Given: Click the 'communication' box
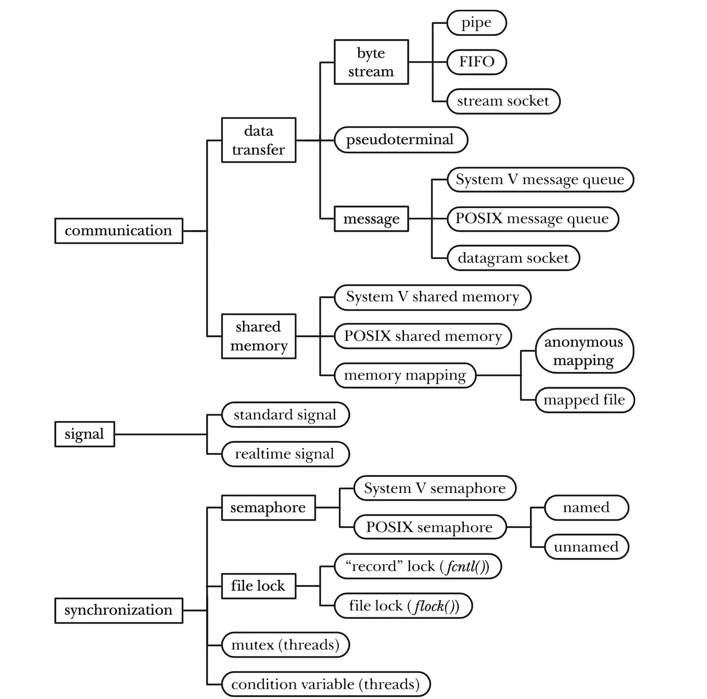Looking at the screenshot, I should pyautogui.click(x=119, y=231).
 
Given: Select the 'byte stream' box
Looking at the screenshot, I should pyautogui.click(x=371, y=62).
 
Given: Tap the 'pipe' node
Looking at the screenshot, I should pyautogui.click(x=476, y=23).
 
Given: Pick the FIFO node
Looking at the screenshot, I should pyautogui.click(x=476, y=62).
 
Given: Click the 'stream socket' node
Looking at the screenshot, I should pyautogui.click(x=503, y=101).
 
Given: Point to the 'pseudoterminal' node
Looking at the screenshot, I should pyautogui.click(x=400, y=140).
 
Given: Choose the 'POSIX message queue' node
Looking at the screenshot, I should pyautogui.click(x=532, y=219).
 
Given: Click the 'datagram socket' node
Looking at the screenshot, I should pyautogui.click(x=513, y=258).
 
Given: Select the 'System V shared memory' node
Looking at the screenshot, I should pyautogui.click(x=432, y=297).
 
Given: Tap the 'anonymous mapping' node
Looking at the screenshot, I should pyautogui.click(x=584, y=351).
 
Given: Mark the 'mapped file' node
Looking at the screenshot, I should pyautogui.click(x=585, y=400).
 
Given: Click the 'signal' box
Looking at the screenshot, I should pyautogui.click(x=84, y=434).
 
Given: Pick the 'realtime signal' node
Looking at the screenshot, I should pyautogui.click(x=285, y=454).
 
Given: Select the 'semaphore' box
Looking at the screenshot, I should pyautogui.click(x=268, y=507).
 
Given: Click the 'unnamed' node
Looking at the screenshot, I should pyautogui.click(x=586, y=547).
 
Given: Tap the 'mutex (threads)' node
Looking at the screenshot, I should pyautogui.click(x=285, y=645).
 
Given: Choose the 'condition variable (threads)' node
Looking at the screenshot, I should pyautogui.click(x=326, y=684).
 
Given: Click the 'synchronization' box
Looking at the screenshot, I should pyautogui.click(x=119, y=611).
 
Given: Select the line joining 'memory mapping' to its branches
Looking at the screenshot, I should pyautogui.click(x=498, y=375).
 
